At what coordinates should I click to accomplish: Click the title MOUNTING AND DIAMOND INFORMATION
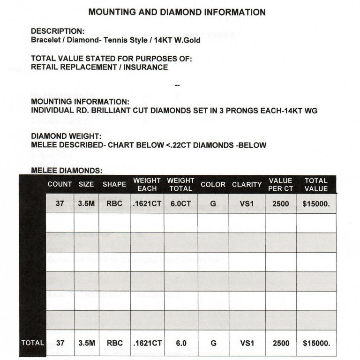coord(177,12)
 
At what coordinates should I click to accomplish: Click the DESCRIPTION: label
coord(58,31)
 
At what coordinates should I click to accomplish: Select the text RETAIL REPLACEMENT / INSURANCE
coord(99,67)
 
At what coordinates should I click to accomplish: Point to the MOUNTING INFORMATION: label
coord(79,102)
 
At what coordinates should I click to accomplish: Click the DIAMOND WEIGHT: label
coord(62,136)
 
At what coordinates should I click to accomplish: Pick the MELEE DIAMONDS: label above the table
coord(66,171)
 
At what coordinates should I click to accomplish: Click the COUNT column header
coord(60,184)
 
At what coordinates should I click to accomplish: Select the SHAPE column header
coord(114,184)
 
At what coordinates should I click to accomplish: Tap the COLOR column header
coord(213,184)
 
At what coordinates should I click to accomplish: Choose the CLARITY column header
coord(247,184)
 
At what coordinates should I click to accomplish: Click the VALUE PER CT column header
coord(280,184)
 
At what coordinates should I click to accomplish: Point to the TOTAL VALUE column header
coord(316,184)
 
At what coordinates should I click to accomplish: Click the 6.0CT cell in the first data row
coord(180,204)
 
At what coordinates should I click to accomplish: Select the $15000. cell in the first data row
coord(316,204)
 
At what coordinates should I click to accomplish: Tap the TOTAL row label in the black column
coord(33,343)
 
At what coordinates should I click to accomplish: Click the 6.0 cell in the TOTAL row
coord(180,343)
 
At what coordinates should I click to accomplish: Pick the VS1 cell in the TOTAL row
coord(247,343)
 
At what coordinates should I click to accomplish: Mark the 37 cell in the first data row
coord(60,204)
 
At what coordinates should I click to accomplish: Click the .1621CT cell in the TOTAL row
coord(147,343)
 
